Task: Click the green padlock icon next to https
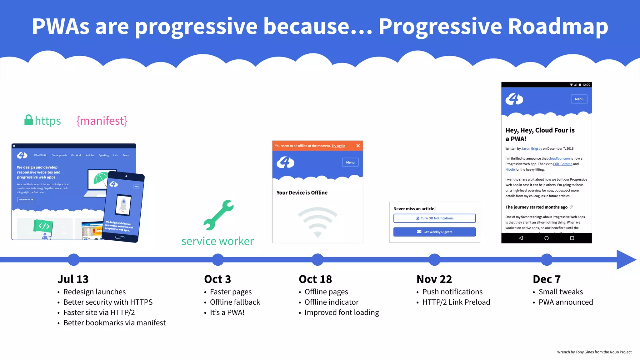tap(29, 120)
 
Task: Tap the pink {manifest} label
tap(102, 121)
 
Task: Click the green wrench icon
tap(218, 215)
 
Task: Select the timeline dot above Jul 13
tap(74, 259)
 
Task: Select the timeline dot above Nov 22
tap(434, 259)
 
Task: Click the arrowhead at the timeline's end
tap(626, 259)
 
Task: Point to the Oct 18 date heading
tap(315, 279)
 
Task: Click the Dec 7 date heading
tap(547, 279)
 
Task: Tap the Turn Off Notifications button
tap(434, 218)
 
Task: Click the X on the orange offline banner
tap(358, 146)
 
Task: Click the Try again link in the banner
tap(338, 146)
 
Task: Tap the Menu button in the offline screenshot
tap(350, 162)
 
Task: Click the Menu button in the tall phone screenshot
tap(579, 99)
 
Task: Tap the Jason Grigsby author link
tap(532, 148)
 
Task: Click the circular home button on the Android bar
tap(546, 238)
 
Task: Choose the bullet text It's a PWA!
tap(227, 312)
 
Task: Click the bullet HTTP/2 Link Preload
tap(456, 302)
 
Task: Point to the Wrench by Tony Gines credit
tap(594, 352)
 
